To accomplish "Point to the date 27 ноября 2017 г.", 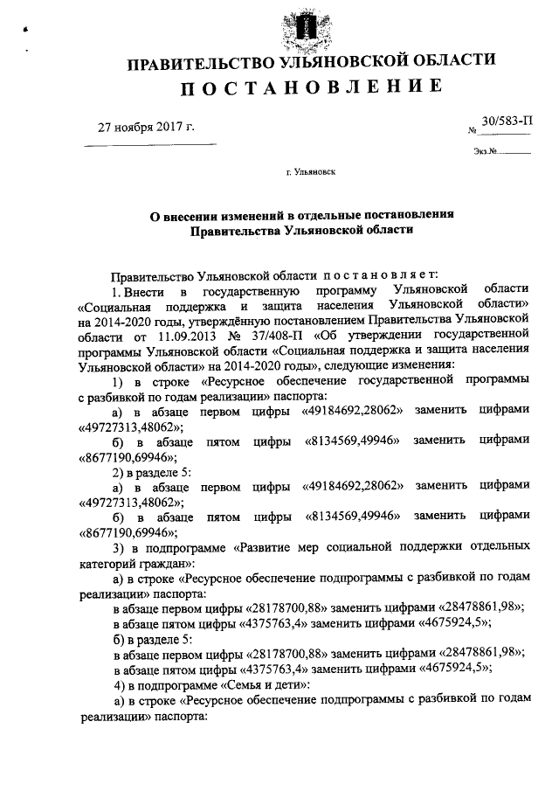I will (146, 127).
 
